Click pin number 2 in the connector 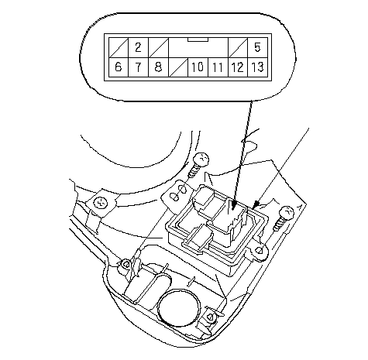[x=138, y=48]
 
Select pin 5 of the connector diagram [x=257, y=48]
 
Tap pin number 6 [x=119, y=67]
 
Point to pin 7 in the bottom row [x=138, y=67]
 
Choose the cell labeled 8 [x=158, y=67]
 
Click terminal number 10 [x=198, y=67]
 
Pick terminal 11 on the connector [x=218, y=67]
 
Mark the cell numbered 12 [x=238, y=67]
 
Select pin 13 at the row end [x=257, y=67]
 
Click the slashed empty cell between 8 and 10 [x=178, y=67]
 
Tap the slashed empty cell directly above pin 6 [x=119, y=48]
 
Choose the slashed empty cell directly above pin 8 [x=158, y=48]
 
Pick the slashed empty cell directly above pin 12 [x=238, y=48]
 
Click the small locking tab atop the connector [x=198, y=39]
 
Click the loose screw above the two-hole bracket [x=198, y=164]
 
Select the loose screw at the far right [x=284, y=218]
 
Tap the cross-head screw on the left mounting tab [x=100, y=203]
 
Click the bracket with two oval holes [x=178, y=194]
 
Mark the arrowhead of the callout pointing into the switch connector [x=233, y=205]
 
